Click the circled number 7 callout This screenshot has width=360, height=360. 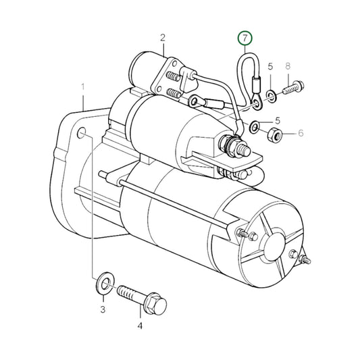point(245,38)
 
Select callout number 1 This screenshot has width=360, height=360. point(82,87)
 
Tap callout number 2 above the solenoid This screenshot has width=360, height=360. point(163,38)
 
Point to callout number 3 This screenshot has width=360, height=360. point(103,309)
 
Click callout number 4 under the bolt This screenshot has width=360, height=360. point(140,326)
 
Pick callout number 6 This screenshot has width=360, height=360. point(301,133)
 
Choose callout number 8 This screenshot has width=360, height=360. point(288,66)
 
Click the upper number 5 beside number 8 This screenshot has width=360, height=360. point(270,66)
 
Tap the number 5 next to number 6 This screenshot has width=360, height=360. point(278,120)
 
